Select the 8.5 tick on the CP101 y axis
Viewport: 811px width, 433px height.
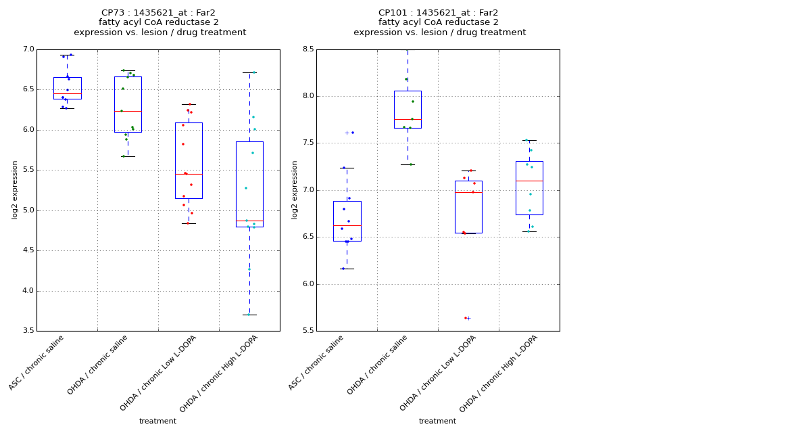pos(308,49)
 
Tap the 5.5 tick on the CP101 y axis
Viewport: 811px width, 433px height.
pos(308,331)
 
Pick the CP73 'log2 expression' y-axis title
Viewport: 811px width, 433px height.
pos(15,189)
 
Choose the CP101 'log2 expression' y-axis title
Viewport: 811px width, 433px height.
pos(295,189)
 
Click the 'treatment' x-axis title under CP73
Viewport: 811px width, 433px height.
pos(157,421)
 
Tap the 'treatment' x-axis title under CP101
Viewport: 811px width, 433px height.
pos(437,421)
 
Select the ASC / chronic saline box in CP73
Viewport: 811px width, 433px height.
pos(67,88)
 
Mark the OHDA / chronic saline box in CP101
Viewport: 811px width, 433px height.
pos(408,109)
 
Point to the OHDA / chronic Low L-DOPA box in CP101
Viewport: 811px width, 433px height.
pos(468,206)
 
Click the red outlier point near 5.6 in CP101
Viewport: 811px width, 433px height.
pos(465,318)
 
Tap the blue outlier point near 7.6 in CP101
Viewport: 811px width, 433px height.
pos(352,133)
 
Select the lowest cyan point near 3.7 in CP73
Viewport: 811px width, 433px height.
pos(248,315)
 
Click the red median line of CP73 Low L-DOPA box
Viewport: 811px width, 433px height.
pos(189,174)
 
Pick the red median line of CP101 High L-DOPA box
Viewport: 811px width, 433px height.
pos(529,181)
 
